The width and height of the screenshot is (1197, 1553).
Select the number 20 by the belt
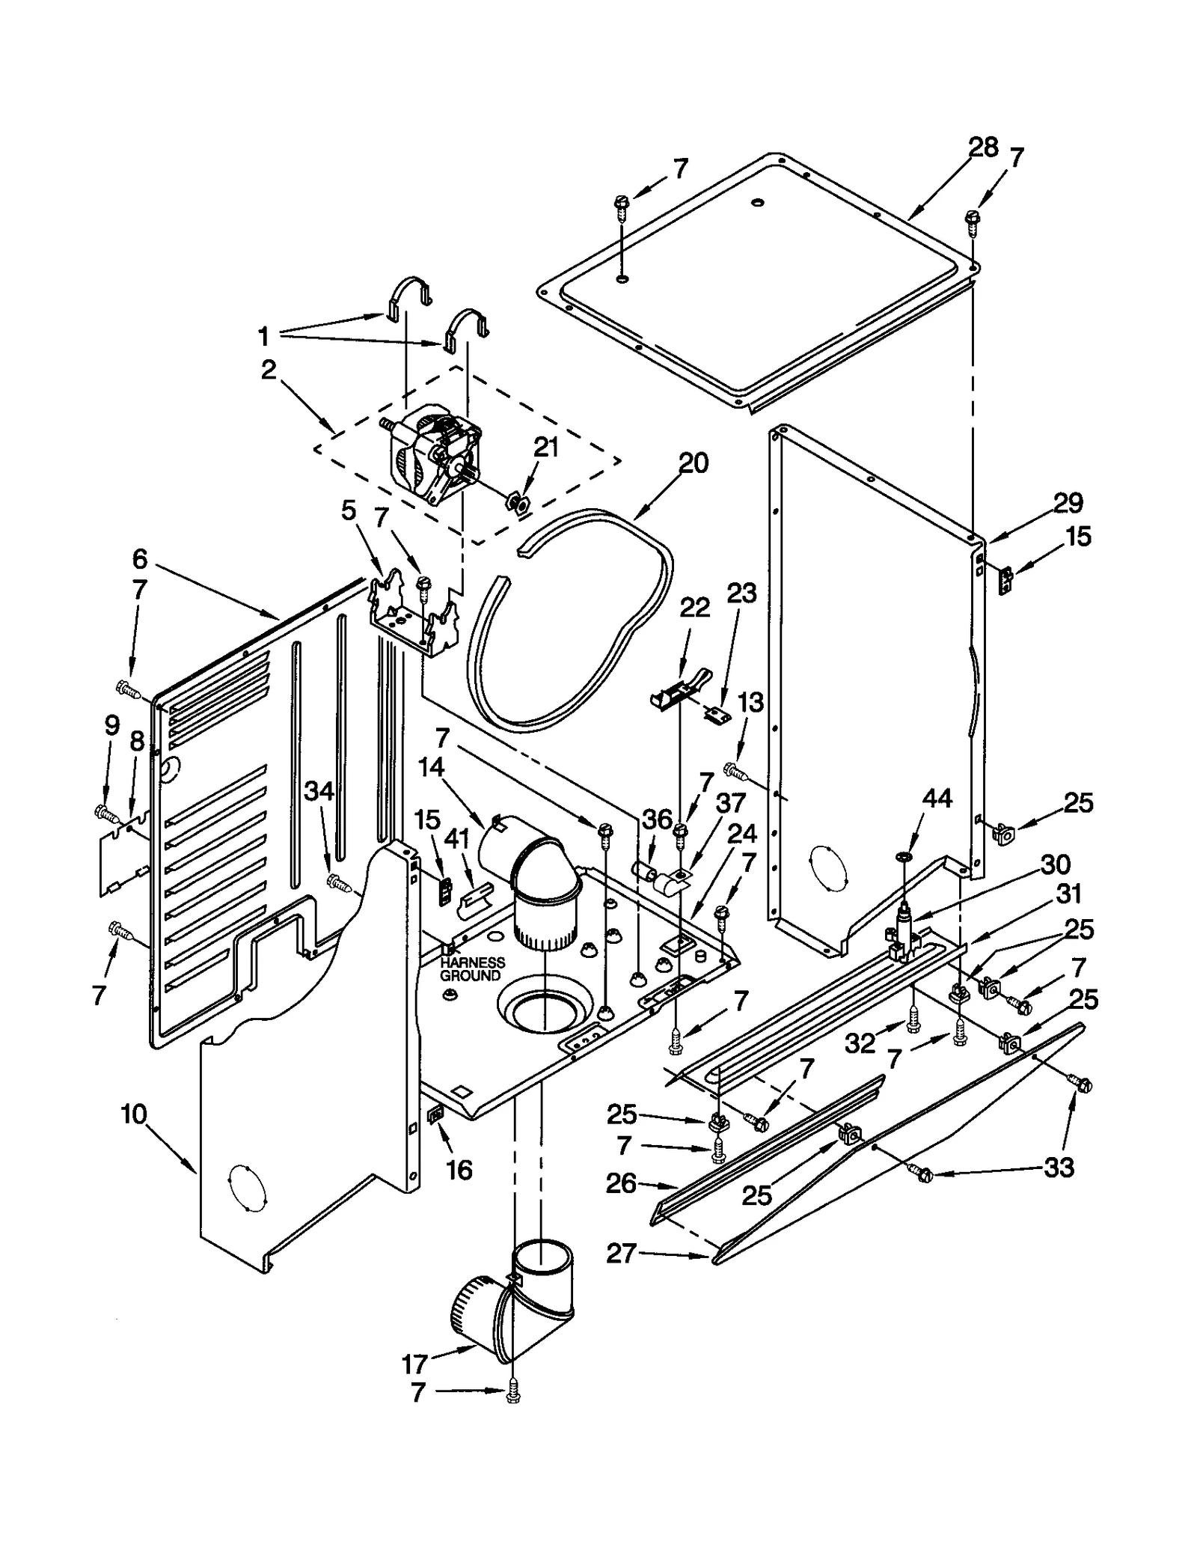pos(693,463)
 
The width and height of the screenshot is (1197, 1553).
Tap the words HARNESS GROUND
pos(471,969)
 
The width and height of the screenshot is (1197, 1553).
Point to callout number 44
pos(936,799)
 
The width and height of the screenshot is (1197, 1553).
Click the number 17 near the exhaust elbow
pos(414,1364)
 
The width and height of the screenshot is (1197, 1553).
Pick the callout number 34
pos(319,790)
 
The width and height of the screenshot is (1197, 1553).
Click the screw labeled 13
pos(732,769)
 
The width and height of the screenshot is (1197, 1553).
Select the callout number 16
pos(459,1169)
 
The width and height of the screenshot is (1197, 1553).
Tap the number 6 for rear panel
pos(140,559)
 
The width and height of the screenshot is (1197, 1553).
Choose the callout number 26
pos(621,1183)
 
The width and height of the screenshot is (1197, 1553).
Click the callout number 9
pos(111,725)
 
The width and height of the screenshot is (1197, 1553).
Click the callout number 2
pos(269,369)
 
